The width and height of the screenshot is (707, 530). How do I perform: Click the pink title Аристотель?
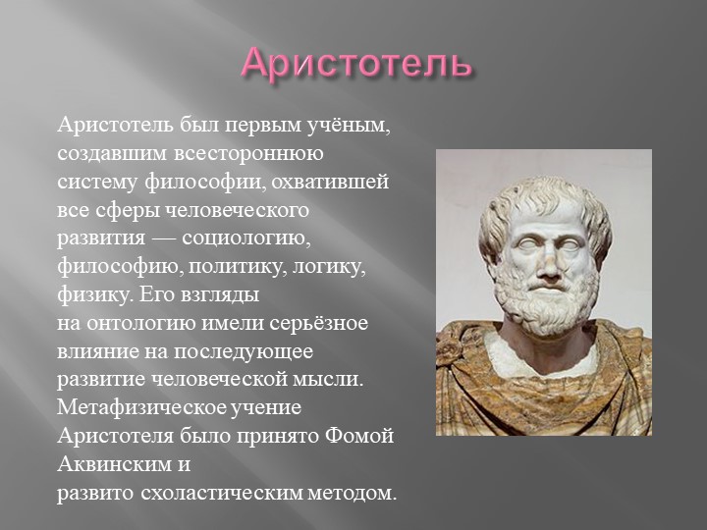356,64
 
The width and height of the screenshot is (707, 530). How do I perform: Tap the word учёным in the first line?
350,126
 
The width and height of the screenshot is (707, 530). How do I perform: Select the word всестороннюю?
248,153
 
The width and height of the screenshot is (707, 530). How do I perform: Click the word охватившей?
330,183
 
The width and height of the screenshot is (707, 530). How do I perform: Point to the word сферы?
128,211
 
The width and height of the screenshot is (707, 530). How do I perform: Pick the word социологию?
246,238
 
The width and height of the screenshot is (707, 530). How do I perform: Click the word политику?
238,267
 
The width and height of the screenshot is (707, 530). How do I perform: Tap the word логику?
329,267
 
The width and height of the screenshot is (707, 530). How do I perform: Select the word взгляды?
221,295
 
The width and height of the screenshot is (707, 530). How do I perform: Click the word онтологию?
141,324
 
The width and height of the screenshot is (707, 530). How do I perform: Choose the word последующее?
244,352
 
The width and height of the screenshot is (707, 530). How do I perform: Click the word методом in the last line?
353,493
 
